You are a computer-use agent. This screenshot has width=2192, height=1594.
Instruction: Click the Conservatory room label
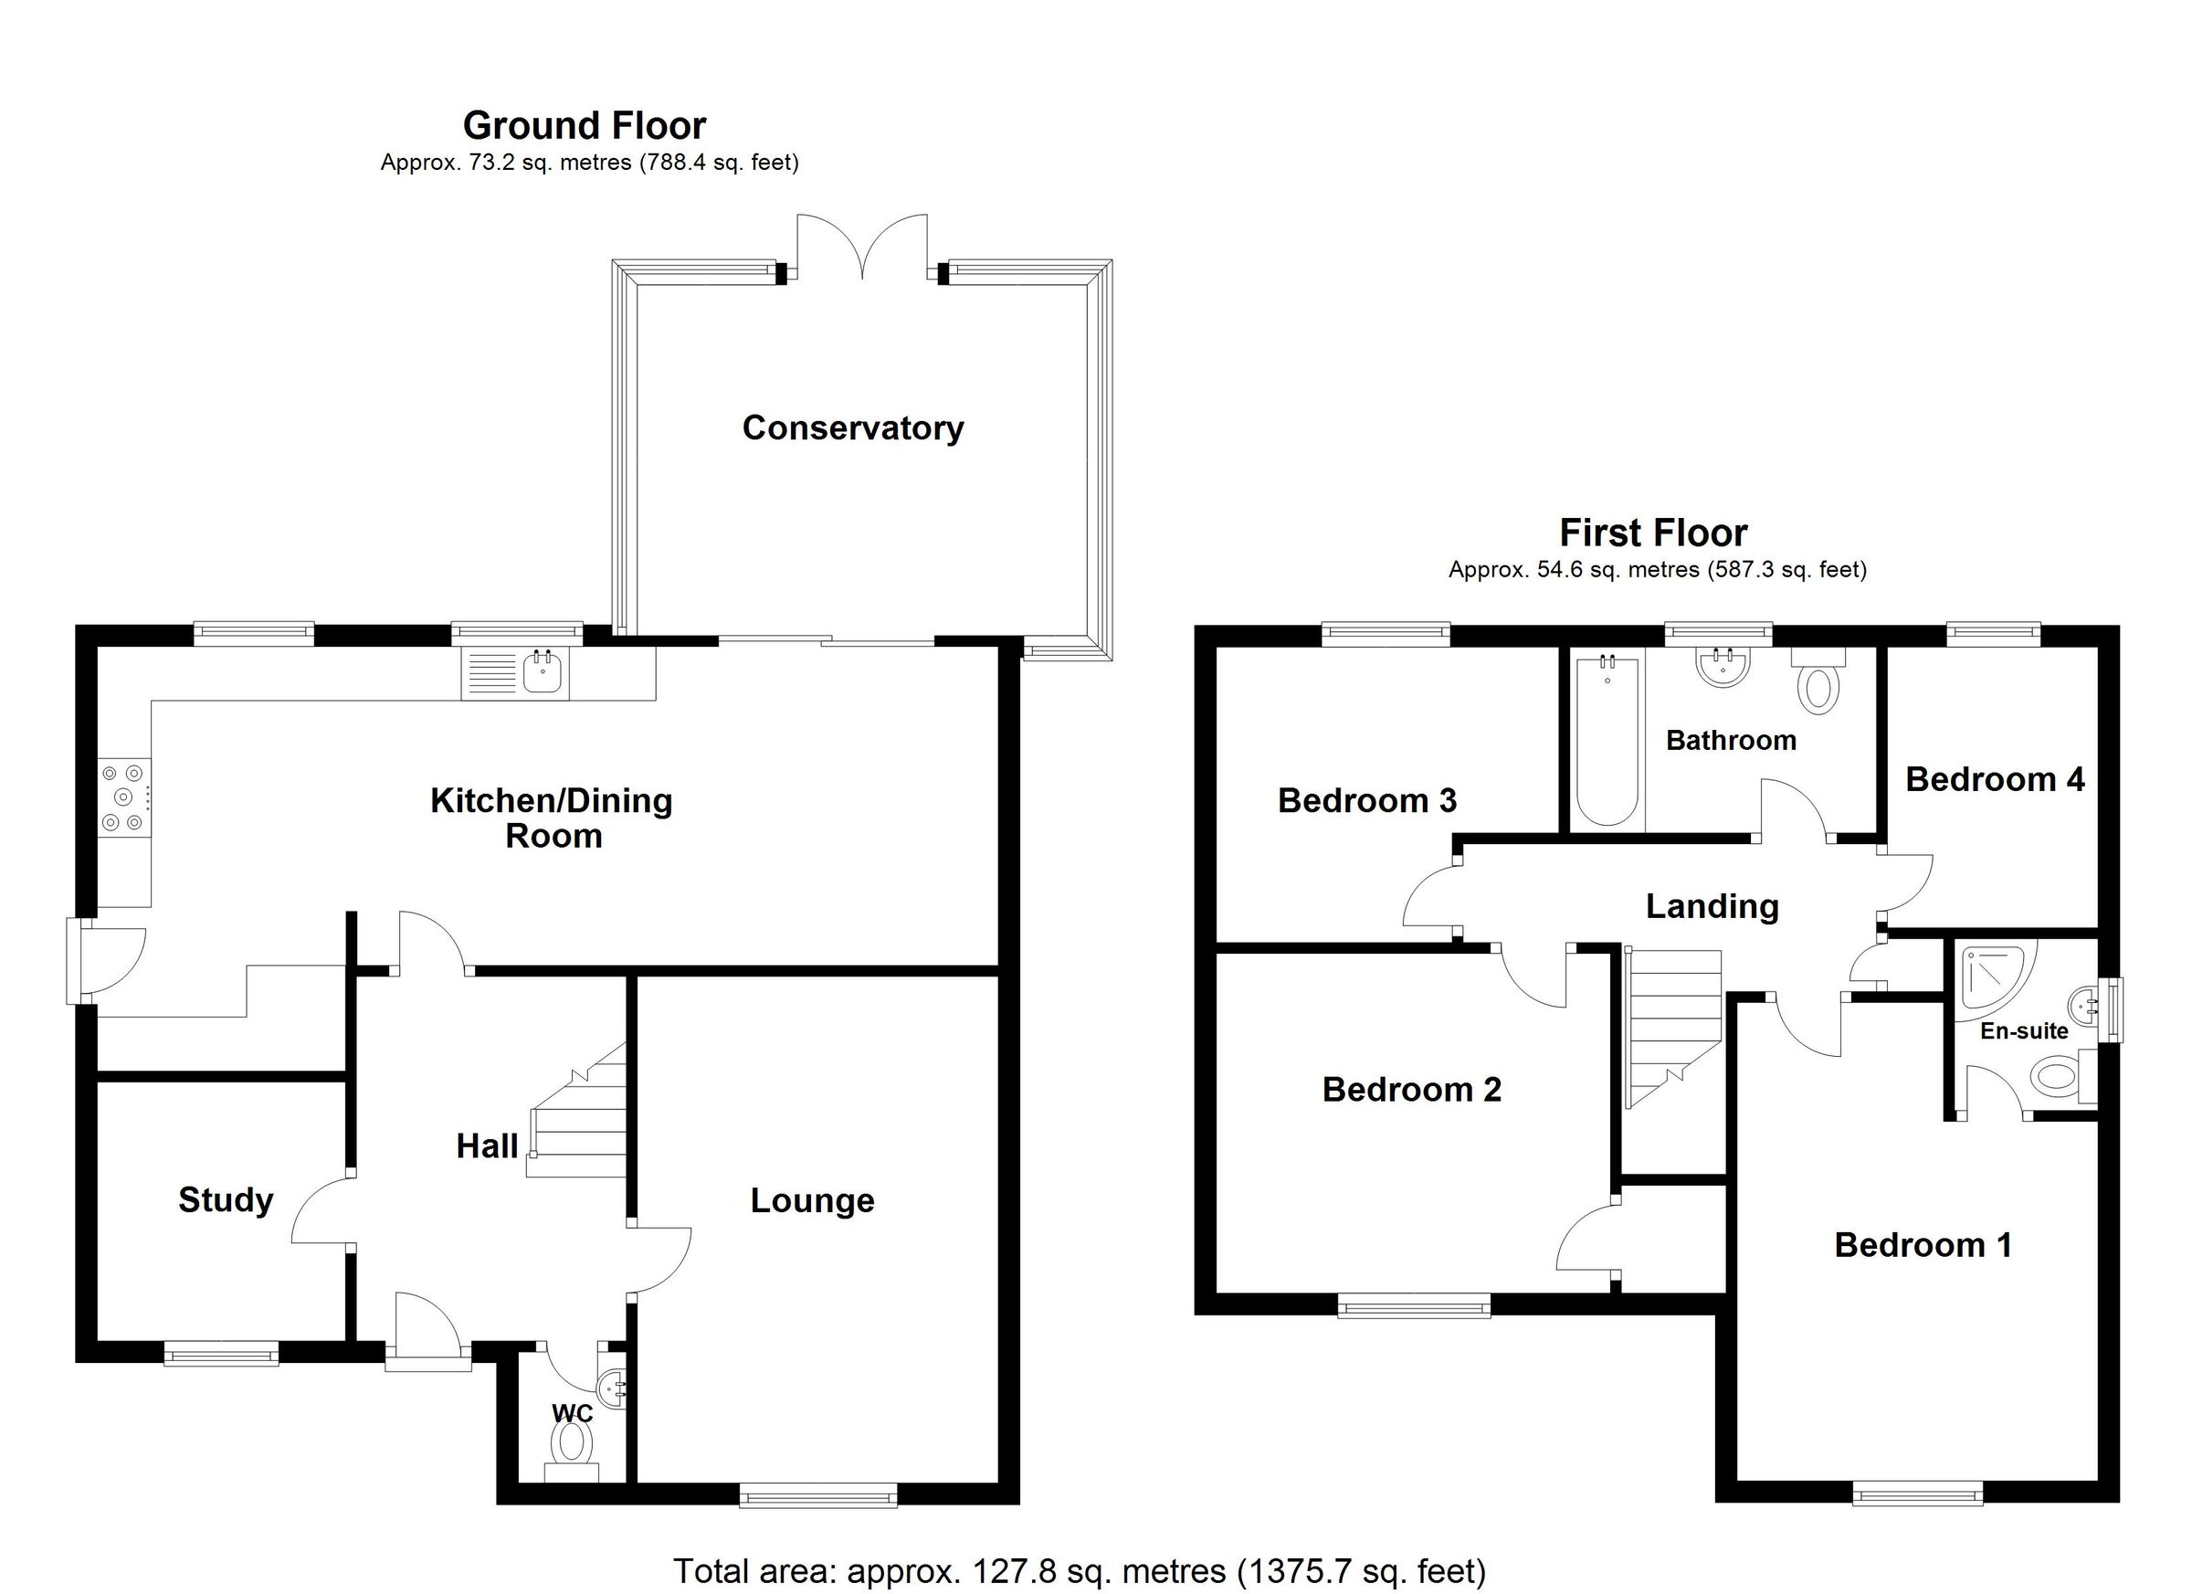(852, 428)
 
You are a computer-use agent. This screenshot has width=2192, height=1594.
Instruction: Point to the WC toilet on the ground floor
(571, 1444)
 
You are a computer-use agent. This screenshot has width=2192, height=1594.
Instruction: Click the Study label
(226, 1199)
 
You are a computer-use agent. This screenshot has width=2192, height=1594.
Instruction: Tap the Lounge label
(812, 1200)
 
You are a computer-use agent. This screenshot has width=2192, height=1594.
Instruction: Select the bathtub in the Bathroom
(1607, 742)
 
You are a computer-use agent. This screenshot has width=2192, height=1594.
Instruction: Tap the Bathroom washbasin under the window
(1723, 668)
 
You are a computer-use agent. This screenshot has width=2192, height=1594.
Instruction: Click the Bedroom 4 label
(1994, 779)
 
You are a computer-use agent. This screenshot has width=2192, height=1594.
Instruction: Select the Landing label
(1712, 906)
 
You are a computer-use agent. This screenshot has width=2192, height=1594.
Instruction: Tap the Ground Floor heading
(584, 126)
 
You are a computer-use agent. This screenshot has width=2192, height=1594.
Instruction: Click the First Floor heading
(1653, 533)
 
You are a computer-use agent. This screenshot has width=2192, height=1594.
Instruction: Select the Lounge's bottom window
(817, 1497)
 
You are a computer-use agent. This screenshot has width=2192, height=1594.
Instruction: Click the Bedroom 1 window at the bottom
(1917, 1495)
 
